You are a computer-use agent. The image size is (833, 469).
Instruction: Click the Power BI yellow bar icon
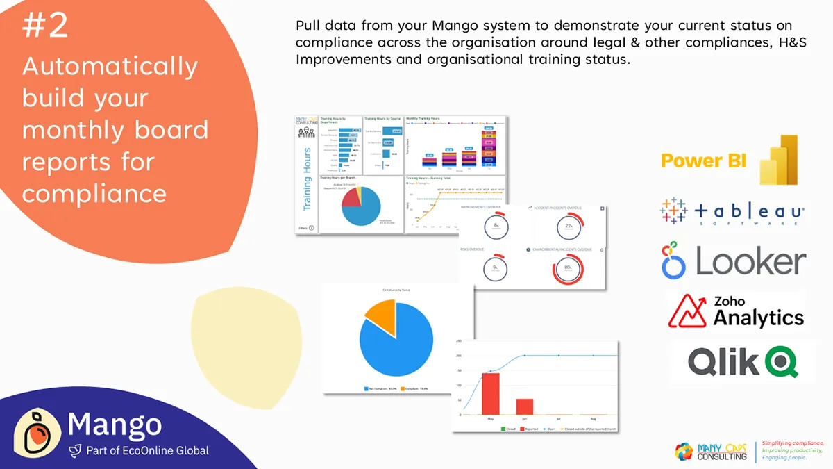pyautogui.click(x=777, y=160)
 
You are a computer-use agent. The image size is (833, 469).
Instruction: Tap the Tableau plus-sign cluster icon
pyautogui.click(x=673, y=211)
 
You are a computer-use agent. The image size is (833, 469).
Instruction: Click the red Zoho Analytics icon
pyautogui.click(x=687, y=311)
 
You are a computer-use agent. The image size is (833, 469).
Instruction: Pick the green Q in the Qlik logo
pyautogui.click(x=782, y=362)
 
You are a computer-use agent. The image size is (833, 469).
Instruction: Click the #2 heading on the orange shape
pyautogui.click(x=45, y=26)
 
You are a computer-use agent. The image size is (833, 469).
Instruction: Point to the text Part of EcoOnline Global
pyautogui.click(x=147, y=451)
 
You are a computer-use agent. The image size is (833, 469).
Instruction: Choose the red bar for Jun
pyautogui.click(x=525, y=406)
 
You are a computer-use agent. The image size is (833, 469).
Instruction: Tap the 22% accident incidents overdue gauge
pyautogui.click(x=567, y=226)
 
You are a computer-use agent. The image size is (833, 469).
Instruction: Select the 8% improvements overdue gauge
pyautogui.click(x=496, y=226)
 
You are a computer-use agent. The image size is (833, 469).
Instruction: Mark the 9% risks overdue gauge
pyautogui.click(x=495, y=267)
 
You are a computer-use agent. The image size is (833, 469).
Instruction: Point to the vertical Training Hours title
pyautogui.click(x=307, y=179)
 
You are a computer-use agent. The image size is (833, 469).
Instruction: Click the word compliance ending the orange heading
pyautogui.click(x=94, y=193)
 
